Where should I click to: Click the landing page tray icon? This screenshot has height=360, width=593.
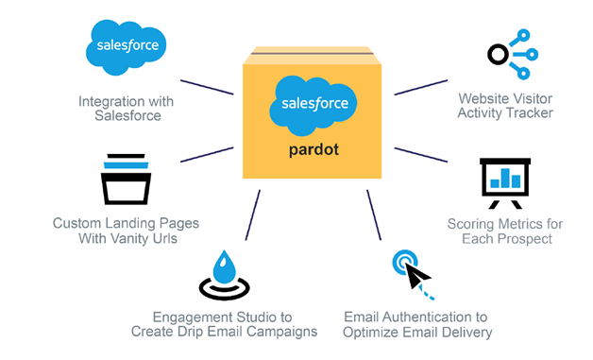(127, 180)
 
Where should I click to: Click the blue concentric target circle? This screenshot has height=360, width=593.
(405, 261)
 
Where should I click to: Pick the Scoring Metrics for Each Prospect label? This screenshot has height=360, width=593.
(503, 231)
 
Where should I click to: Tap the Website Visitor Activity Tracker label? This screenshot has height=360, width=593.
(504, 106)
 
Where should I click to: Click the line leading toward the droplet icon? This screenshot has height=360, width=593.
(251, 214)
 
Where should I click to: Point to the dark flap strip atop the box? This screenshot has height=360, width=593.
(313, 58)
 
